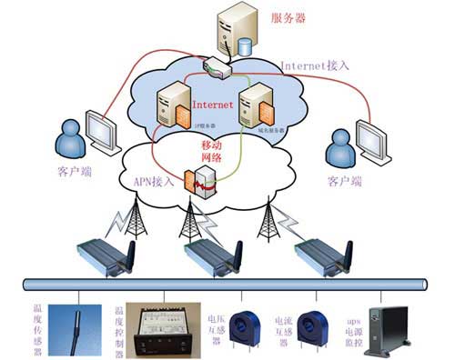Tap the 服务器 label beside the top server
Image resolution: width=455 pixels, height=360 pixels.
tap(290, 17)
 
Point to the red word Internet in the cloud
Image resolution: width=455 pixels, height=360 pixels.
tap(210, 105)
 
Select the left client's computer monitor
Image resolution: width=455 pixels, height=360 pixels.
tap(103, 130)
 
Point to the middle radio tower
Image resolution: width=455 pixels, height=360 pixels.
tap(191, 218)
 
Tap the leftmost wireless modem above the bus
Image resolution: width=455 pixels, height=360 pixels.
tap(104, 254)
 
